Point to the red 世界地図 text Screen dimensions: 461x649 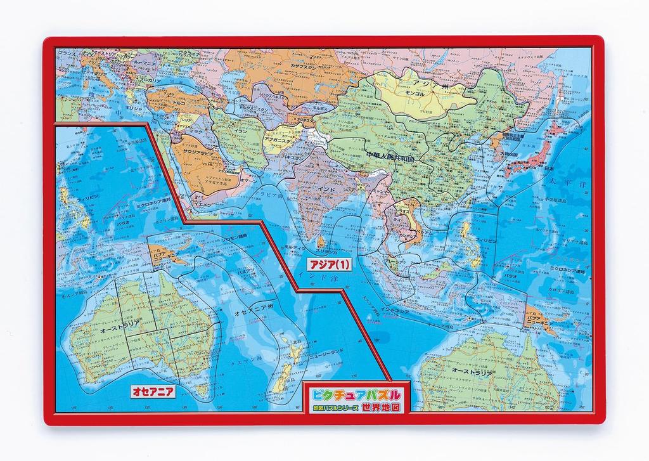(x=381, y=409)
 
